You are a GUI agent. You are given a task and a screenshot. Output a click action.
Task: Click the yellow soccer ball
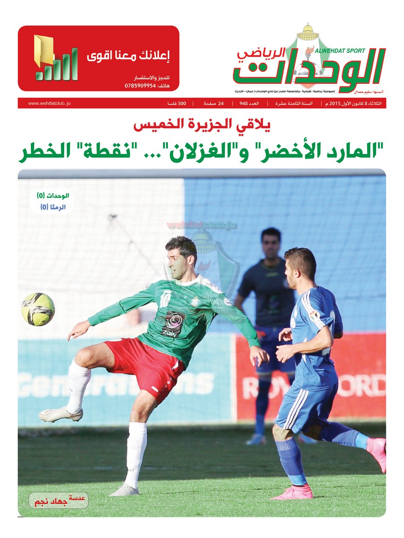38,309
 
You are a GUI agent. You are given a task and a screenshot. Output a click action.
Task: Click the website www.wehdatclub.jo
49,104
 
